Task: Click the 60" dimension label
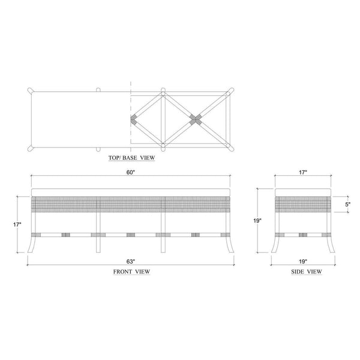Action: coord(130,172)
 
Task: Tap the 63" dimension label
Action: coord(130,261)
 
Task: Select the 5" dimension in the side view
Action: coord(347,204)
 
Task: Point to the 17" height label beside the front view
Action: coord(17,224)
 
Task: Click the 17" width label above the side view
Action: coord(303,172)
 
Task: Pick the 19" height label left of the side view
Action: coord(257,221)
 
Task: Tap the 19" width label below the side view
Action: coord(303,261)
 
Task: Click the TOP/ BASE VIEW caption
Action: coord(131,158)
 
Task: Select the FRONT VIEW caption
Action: coord(131,272)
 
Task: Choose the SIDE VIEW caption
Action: coord(307,272)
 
